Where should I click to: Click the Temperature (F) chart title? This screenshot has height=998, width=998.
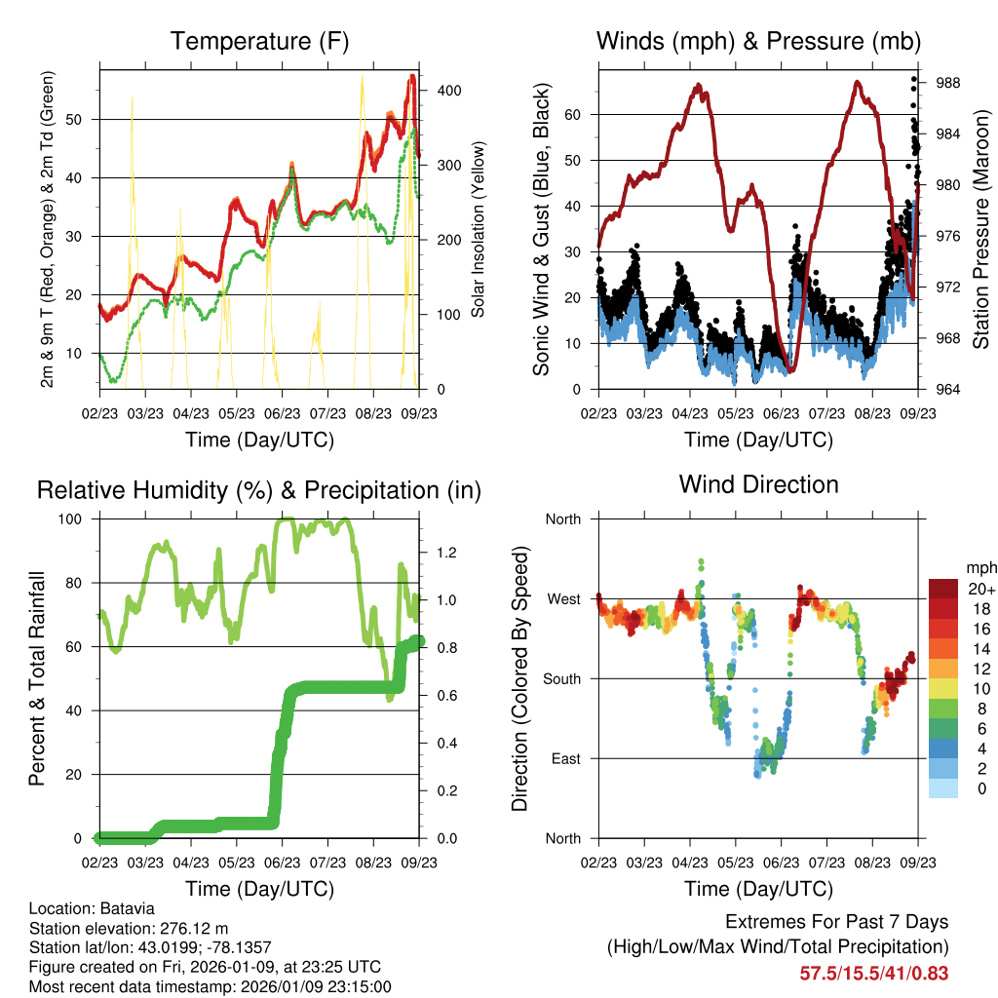click(x=259, y=42)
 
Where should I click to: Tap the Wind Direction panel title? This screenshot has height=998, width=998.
click(x=758, y=484)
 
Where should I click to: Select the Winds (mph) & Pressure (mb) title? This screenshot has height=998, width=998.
click(x=758, y=42)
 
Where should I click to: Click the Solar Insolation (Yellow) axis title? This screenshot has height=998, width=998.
click(x=479, y=230)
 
